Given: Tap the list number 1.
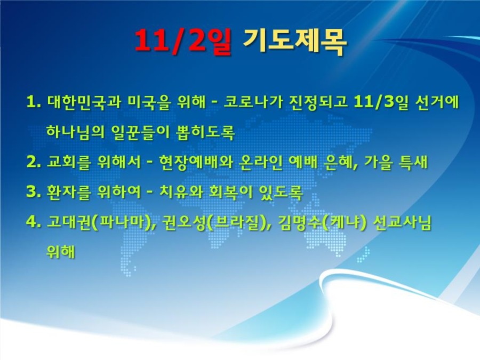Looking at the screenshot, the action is tap(34, 102).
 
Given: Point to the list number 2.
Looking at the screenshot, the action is tap(34, 162).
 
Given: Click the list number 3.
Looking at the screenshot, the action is tap(34, 192).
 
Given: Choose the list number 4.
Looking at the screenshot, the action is tap(34, 222).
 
